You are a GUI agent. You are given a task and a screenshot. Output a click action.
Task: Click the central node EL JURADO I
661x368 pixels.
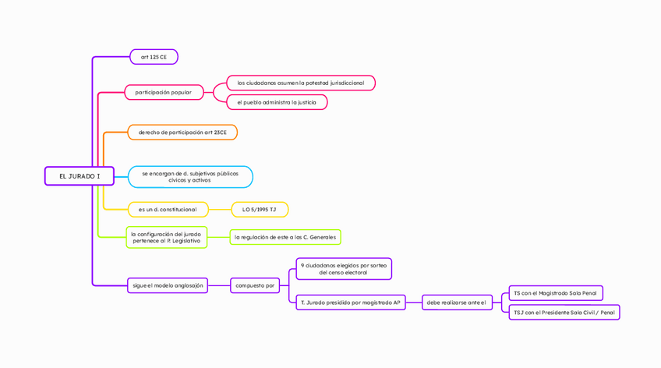tap(79, 176)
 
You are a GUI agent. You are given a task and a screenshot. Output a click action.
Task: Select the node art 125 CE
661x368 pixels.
tap(154, 57)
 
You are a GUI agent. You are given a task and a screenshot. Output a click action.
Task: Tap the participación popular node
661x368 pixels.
tap(164, 92)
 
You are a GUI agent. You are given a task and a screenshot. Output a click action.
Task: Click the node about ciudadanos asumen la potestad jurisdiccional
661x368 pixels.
tap(301, 83)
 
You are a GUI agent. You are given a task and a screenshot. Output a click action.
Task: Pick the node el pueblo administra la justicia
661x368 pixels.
tap(277, 102)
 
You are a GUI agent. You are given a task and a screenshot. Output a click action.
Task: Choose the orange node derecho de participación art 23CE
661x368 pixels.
tap(182, 133)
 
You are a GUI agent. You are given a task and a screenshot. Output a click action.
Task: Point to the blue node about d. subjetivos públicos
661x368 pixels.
tap(190, 177)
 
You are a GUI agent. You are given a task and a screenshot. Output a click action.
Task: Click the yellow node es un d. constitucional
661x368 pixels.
tap(168, 210)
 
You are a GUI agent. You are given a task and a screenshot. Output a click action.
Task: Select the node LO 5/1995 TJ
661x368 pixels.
tap(260, 210)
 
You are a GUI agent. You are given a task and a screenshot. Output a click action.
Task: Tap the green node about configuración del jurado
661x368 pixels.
tap(167, 237)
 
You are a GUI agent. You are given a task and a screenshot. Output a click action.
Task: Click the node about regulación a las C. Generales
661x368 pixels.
tap(285, 237)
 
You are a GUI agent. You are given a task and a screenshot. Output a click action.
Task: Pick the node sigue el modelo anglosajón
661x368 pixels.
tap(168, 285)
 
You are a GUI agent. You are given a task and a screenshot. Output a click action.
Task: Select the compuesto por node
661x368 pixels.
tap(256, 285)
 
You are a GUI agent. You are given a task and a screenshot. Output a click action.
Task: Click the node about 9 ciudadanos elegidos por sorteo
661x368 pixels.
tap(344, 269)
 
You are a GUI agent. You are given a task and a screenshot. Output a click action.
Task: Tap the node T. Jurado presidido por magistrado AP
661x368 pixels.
tap(351, 303)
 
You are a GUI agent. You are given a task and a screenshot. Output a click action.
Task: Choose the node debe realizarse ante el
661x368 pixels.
tap(457, 303)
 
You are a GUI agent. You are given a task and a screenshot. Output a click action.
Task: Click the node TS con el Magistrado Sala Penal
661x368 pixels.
tap(555, 293)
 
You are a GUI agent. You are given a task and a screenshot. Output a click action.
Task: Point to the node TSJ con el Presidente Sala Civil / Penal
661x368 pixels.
tap(564, 313)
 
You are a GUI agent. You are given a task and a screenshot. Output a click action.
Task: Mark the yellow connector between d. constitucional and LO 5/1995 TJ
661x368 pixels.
tap(220, 210)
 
